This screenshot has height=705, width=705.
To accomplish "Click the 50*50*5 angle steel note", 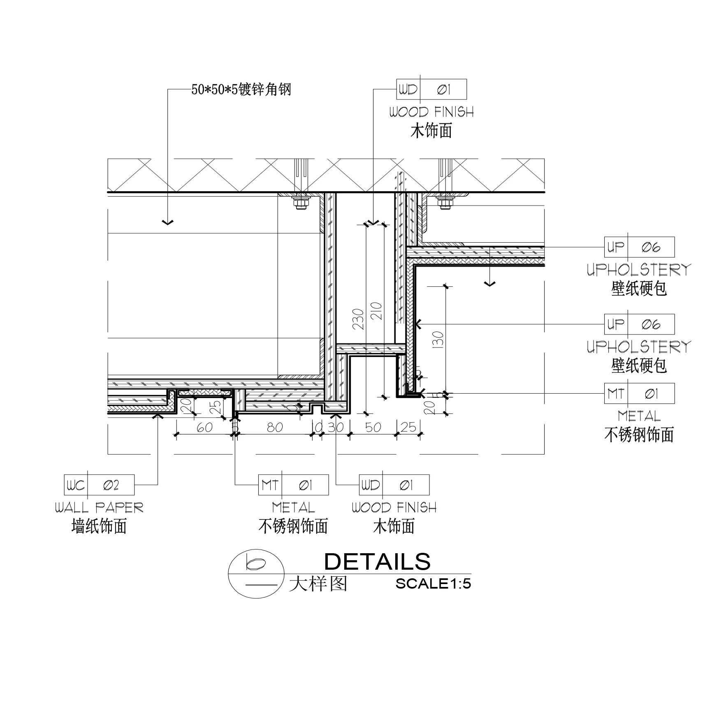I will click(241, 89).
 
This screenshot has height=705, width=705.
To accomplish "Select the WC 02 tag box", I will click(99, 485).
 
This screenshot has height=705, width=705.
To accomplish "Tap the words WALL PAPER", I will click(99, 508).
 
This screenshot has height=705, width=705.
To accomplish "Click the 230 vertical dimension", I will click(359, 319).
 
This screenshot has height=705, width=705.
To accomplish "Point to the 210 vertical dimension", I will click(377, 311).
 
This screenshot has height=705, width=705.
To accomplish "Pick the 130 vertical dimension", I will click(438, 340).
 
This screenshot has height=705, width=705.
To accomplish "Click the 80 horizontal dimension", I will click(275, 428).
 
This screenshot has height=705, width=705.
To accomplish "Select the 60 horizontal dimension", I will click(204, 428).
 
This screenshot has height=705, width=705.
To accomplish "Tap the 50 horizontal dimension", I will click(373, 428).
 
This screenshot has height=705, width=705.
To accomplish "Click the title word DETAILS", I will click(377, 562).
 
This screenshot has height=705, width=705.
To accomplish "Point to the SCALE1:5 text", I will click(433, 584).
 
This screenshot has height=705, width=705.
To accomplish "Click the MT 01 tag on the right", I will click(639, 394).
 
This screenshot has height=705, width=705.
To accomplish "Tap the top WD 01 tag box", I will click(431, 89).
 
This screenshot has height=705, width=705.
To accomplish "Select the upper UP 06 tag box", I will click(639, 247).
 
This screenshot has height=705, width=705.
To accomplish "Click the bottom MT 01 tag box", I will click(293, 485).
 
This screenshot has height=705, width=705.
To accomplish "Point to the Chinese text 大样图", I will click(318, 584).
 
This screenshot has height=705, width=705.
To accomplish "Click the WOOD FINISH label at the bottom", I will click(394, 508).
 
